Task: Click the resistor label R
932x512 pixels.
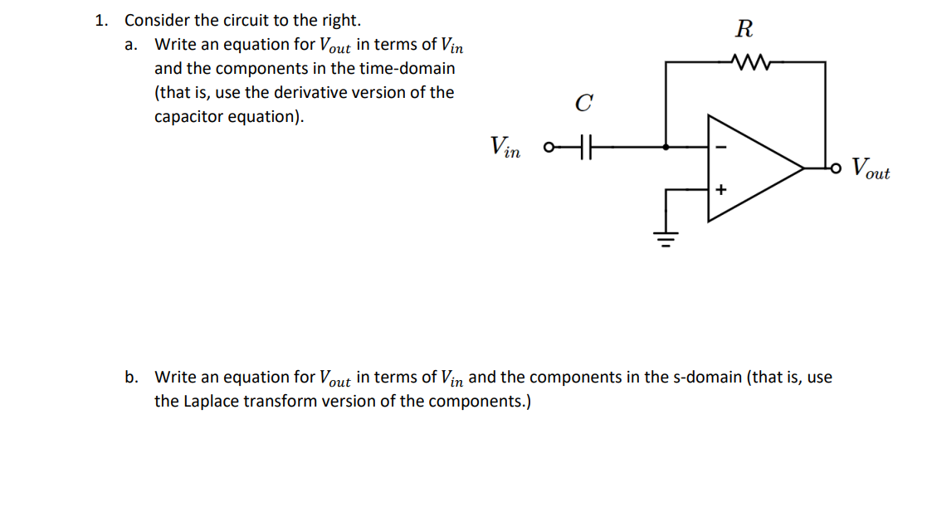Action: (x=744, y=30)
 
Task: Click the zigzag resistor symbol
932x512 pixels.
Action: (x=749, y=61)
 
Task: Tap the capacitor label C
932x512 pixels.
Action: (x=583, y=104)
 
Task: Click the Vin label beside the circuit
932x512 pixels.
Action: (x=505, y=147)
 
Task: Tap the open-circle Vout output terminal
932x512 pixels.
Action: (x=837, y=168)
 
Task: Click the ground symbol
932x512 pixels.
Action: (x=666, y=238)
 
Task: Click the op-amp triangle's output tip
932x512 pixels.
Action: (x=802, y=168)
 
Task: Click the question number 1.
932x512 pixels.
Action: (x=100, y=20)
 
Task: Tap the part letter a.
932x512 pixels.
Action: (x=130, y=44)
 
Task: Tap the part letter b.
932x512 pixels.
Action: (x=131, y=378)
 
